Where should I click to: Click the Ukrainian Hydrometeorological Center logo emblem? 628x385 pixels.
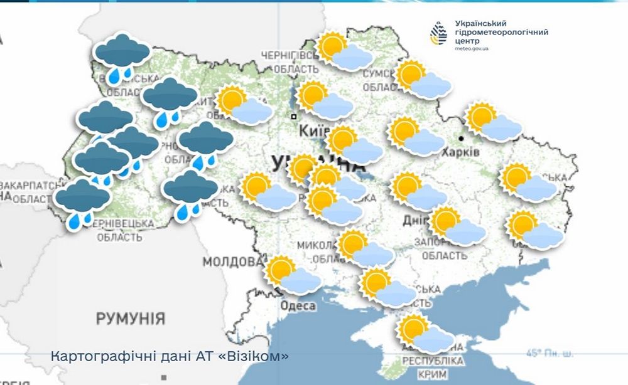tap(438, 33)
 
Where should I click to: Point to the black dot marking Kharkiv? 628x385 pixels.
tap(461, 138)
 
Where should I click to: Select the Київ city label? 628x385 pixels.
tap(315, 131)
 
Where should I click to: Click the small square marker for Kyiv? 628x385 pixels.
tap(293, 117)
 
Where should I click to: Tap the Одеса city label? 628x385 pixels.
tap(297, 305)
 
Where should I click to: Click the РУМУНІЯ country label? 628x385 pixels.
tap(131, 318)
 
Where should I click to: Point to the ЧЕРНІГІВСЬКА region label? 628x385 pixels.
tap(290, 56)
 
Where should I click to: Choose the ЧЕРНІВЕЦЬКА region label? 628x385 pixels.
tap(126, 223)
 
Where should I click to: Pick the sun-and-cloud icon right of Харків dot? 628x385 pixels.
tap(493, 122)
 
